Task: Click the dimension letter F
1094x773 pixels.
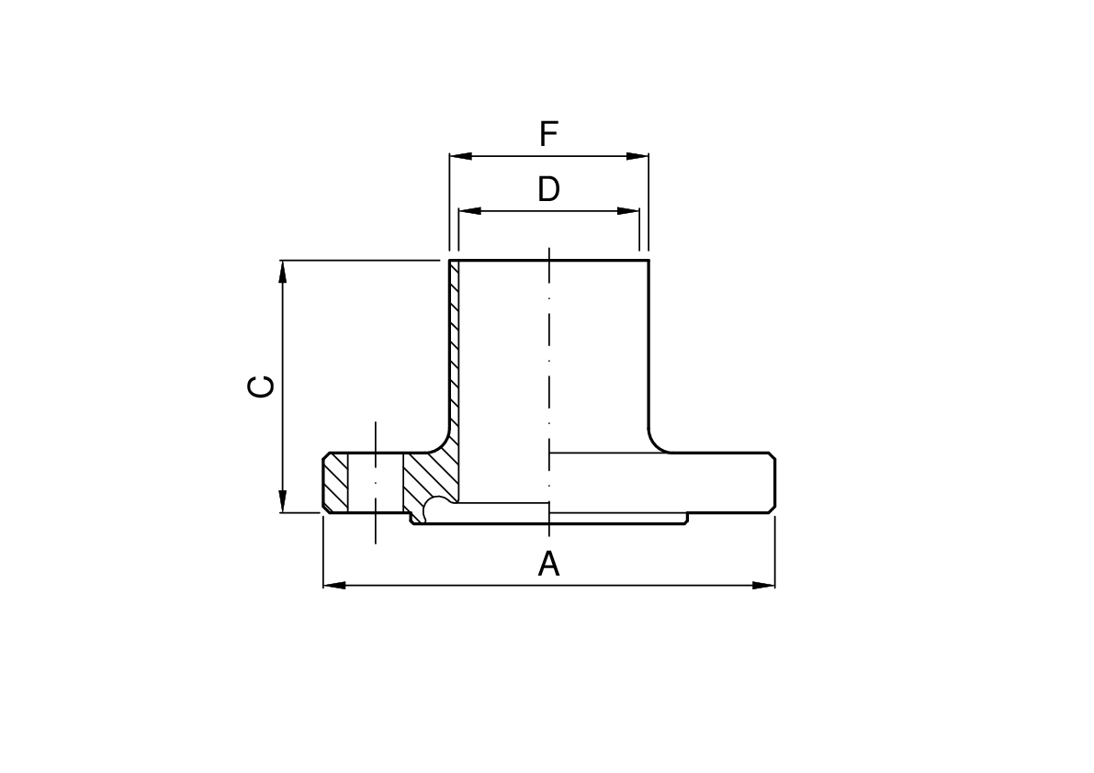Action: [548, 135]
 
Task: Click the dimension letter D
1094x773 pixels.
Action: [548, 190]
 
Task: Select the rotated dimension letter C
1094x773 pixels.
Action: [261, 386]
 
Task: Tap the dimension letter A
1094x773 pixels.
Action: [548, 564]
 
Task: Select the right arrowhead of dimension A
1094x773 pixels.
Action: [764, 585]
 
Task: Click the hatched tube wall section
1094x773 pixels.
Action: [454, 349]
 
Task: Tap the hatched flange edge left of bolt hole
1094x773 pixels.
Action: [336, 482]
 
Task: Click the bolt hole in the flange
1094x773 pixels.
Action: [376, 482]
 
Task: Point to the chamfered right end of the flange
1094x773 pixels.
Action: [772, 482]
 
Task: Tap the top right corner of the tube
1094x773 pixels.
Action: [649, 262]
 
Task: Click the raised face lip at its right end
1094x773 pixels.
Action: [686, 519]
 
